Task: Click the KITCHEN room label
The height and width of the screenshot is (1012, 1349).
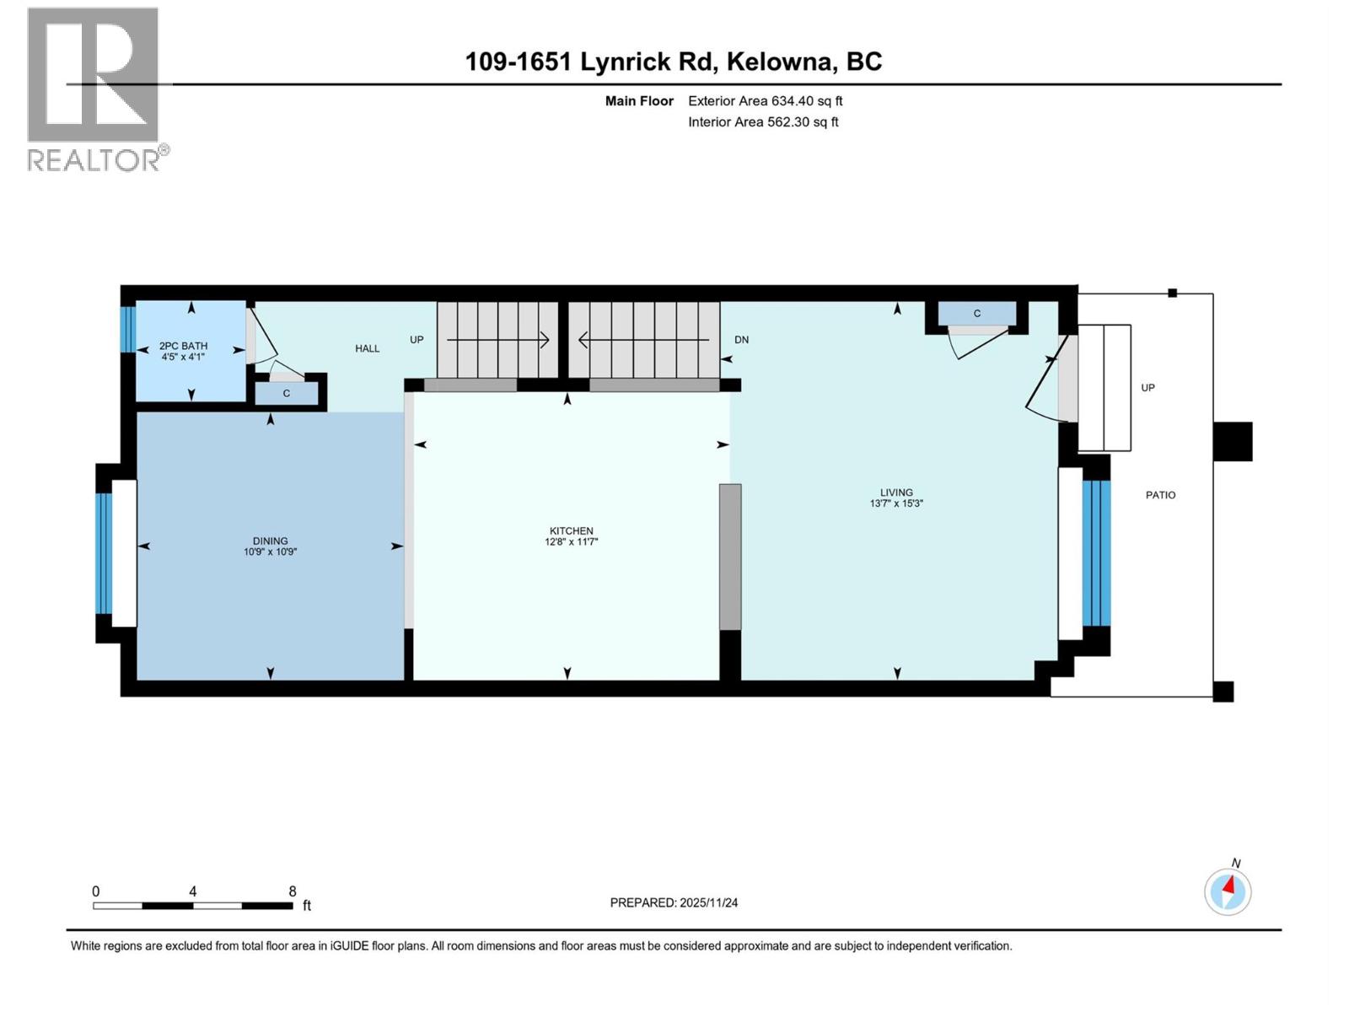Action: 571,531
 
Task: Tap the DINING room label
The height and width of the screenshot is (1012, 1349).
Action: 270,541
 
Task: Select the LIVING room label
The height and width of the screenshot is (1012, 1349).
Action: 896,493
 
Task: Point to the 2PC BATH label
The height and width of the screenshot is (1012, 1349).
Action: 183,346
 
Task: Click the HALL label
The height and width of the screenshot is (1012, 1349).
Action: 367,348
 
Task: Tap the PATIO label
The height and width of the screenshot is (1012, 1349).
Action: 1160,495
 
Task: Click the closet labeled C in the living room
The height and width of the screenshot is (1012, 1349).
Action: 976,314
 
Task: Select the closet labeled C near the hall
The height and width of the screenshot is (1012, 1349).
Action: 287,394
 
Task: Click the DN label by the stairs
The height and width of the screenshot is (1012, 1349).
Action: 741,340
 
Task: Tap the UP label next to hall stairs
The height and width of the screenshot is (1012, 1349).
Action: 417,340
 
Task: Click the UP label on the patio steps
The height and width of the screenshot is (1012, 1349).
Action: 1147,388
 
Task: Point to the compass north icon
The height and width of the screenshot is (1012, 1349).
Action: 1228,891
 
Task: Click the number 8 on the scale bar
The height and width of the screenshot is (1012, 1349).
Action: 293,891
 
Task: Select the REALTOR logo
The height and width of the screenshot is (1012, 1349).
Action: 94,89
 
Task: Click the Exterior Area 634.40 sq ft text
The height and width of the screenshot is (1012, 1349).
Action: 765,101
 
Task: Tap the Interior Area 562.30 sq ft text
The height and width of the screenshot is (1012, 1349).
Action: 763,122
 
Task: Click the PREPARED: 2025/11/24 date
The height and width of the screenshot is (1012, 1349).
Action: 674,902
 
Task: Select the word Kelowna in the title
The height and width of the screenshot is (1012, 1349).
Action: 781,62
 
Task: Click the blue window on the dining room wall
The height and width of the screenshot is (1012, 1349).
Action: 104,553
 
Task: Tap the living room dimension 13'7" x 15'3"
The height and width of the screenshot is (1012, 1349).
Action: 896,503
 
